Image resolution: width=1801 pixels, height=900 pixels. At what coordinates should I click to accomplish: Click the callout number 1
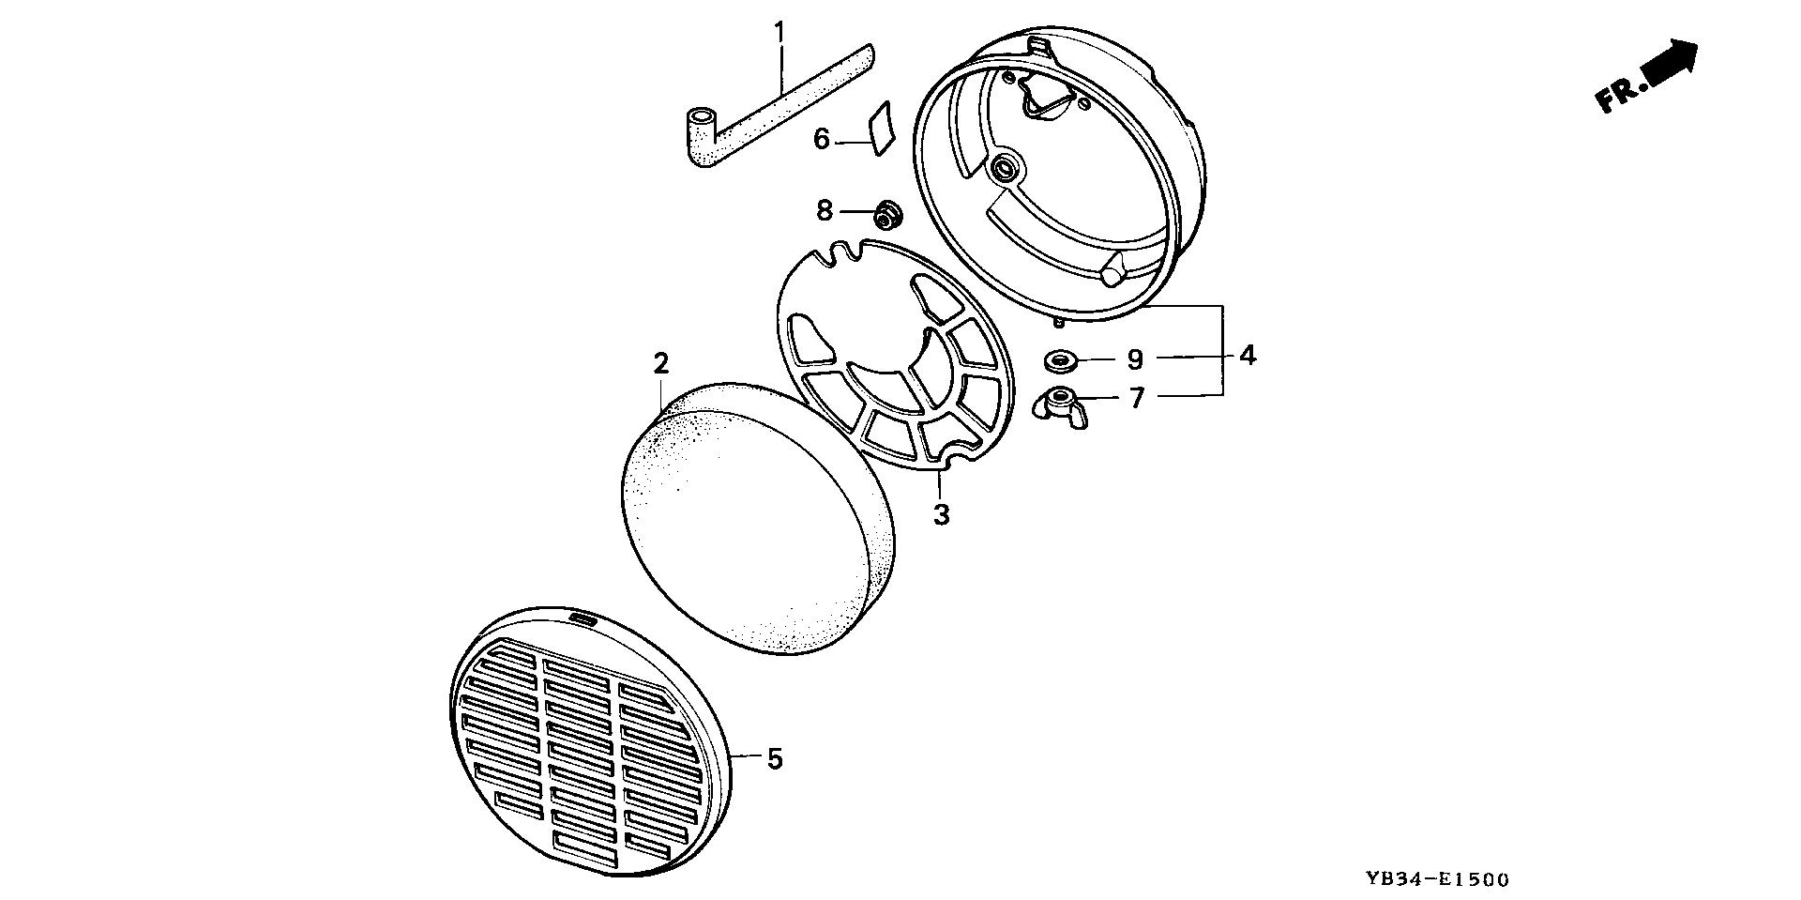tap(778, 33)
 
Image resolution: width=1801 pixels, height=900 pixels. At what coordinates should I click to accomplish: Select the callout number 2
tap(661, 363)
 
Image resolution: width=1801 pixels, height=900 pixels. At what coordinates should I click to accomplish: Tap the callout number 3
tap(941, 514)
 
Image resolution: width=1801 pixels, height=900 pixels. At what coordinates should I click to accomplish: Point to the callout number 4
tap(1247, 356)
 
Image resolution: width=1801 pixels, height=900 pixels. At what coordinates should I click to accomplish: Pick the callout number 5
tap(775, 758)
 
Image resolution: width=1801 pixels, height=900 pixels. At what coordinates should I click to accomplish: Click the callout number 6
tap(822, 140)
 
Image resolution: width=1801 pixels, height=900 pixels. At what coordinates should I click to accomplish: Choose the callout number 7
tap(1137, 399)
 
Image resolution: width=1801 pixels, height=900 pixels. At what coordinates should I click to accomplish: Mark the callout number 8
tap(825, 210)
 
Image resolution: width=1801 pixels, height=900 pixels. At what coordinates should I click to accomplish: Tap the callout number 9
tap(1135, 359)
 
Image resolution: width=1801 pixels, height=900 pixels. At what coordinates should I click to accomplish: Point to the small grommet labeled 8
tap(886, 215)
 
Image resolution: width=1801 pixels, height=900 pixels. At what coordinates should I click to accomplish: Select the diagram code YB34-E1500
tap(1437, 879)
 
